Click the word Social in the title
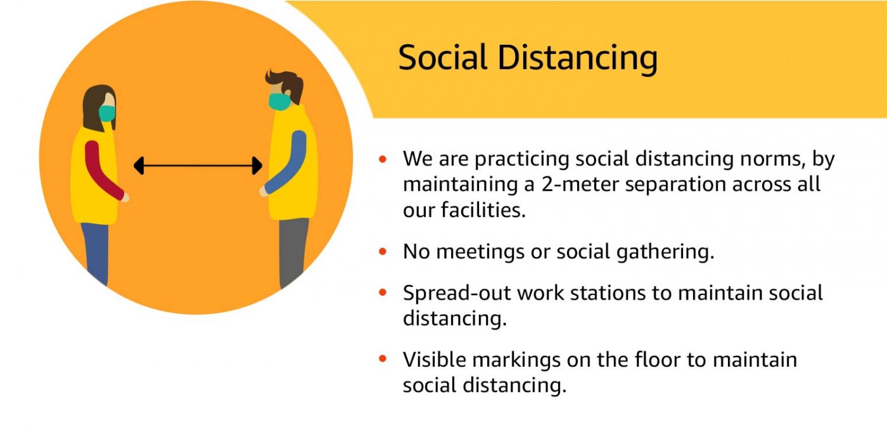point(442,58)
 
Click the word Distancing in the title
point(578,59)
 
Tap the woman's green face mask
point(107,113)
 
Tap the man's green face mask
point(279,101)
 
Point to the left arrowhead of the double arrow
point(139,165)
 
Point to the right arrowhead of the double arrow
point(257,165)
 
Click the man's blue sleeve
point(287,162)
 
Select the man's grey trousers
point(293,252)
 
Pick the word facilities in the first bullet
point(483,210)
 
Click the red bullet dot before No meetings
point(383,251)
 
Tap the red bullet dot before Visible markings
point(383,358)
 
